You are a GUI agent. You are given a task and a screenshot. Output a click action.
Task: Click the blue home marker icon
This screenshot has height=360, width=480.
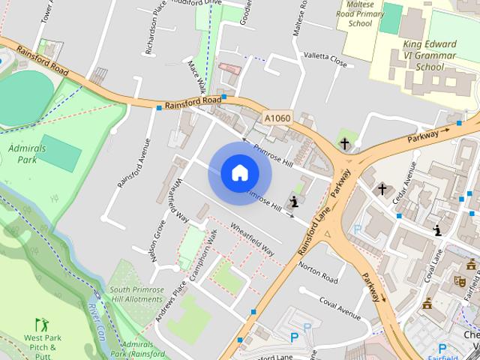click(240, 173)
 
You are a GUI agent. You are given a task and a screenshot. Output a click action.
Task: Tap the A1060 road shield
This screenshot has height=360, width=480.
click(277, 118)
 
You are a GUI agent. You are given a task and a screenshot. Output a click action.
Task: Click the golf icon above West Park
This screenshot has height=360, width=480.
click(42, 325)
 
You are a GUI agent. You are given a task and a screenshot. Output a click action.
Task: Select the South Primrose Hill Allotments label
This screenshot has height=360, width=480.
click(136, 294)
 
